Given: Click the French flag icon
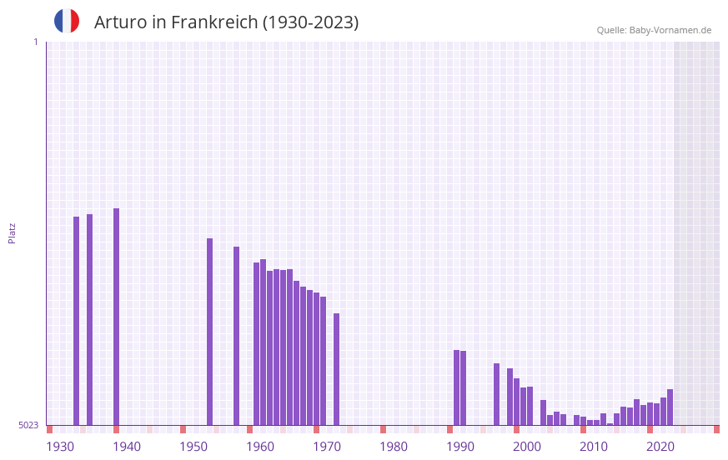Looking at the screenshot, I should click(67, 21).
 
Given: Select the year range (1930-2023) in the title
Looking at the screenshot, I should click(310, 22).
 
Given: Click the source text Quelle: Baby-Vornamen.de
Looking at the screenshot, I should click(654, 30).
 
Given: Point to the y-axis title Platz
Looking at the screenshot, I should click(12, 232).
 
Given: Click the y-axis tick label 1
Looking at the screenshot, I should click(35, 42).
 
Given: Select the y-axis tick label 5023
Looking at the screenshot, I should click(28, 425).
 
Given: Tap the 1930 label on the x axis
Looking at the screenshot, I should click(60, 447).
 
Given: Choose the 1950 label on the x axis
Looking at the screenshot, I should click(193, 447).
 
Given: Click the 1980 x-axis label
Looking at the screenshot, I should click(394, 447).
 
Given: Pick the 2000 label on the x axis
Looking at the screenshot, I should click(527, 447).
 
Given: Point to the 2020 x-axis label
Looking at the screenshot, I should click(660, 447).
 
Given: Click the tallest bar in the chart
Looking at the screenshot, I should click(116, 317).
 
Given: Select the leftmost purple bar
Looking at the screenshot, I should click(76, 321).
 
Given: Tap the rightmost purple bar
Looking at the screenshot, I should click(670, 407).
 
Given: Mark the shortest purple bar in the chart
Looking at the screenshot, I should click(610, 424).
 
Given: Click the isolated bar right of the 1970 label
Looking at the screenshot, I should click(336, 369).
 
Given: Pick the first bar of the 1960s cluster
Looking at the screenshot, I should click(256, 343).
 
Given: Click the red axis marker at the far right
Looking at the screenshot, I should click(716, 429).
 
